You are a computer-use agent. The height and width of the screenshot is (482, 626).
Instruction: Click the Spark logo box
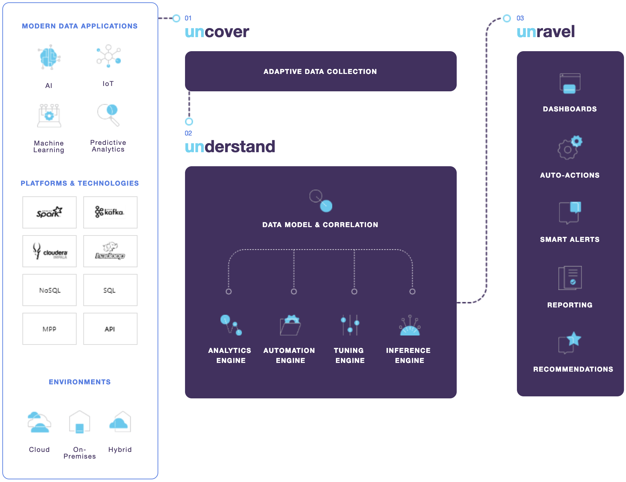click(x=50, y=212)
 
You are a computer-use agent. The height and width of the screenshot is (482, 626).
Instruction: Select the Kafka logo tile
click(x=110, y=212)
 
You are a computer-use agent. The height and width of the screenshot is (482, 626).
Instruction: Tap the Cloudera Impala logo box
click(x=50, y=251)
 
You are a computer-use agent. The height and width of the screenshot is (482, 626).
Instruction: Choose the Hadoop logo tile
click(x=110, y=251)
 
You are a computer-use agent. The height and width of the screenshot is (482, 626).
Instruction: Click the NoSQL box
click(x=50, y=290)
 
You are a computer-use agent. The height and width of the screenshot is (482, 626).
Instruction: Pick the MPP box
click(x=50, y=329)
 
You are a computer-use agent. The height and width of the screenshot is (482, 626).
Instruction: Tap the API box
click(x=110, y=329)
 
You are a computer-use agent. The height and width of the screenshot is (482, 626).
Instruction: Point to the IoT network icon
click(x=108, y=56)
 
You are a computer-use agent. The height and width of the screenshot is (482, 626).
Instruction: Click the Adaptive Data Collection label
click(x=320, y=72)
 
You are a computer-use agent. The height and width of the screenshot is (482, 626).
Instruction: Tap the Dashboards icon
click(x=570, y=84)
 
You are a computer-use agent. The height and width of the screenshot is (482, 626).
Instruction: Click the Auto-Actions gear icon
click(x=570, y=148)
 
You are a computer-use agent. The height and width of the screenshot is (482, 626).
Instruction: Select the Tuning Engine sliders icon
click(x=350, y=325)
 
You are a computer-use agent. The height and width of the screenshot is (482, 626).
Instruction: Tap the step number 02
click(x=188, y=133)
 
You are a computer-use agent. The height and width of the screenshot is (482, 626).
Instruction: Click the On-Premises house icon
click(x=80, y=422)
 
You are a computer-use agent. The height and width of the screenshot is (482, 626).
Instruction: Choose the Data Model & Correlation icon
click(x=321, y=201)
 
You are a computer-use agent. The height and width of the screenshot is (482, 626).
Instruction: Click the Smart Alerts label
click(x=570, y=239)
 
